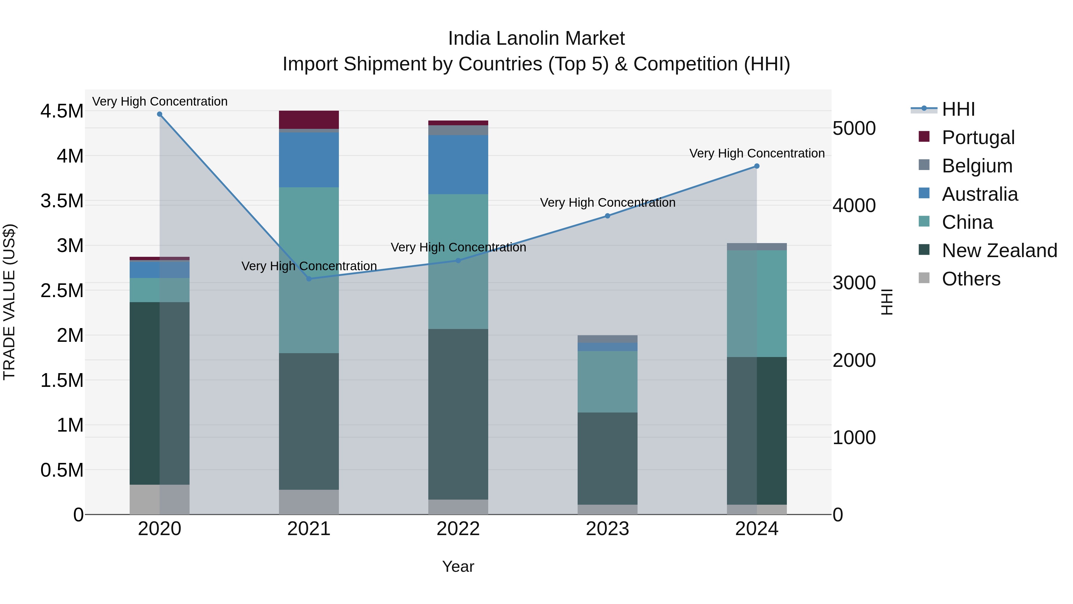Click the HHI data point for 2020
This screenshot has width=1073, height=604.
click(x=159, y=114)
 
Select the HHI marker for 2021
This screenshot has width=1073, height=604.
click(x=309, y=279)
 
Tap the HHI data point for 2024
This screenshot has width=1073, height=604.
click(x=757, y=166)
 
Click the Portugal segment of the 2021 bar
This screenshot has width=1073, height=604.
click(x=309, y=120)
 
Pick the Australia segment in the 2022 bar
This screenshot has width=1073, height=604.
click(x=458, y=165)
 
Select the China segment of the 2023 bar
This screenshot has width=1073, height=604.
click(x=607, y=381)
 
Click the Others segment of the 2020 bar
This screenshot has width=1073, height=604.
click(x=159, y=499)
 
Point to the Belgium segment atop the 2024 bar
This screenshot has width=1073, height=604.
click(x=757, y=247)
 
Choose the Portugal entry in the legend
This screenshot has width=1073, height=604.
click(x=978, y=138)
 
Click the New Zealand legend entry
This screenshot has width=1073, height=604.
click(x=999, y=251)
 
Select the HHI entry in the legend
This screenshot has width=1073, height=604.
click(x=958, y=109)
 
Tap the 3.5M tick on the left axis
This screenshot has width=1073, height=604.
click(x=62, y=201)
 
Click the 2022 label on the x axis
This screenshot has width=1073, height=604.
click(x=458, y=529)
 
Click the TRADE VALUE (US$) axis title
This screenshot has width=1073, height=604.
click(x=10, y=302)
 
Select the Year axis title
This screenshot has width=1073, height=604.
click(x=458, y=566)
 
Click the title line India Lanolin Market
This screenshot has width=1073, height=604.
click(x=536, y=38)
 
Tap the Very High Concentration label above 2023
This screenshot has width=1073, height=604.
click(x=607, y=203)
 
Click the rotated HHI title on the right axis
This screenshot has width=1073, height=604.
click(x=887, y=302)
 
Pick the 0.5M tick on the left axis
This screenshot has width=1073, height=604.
click(x=62, y=470)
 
